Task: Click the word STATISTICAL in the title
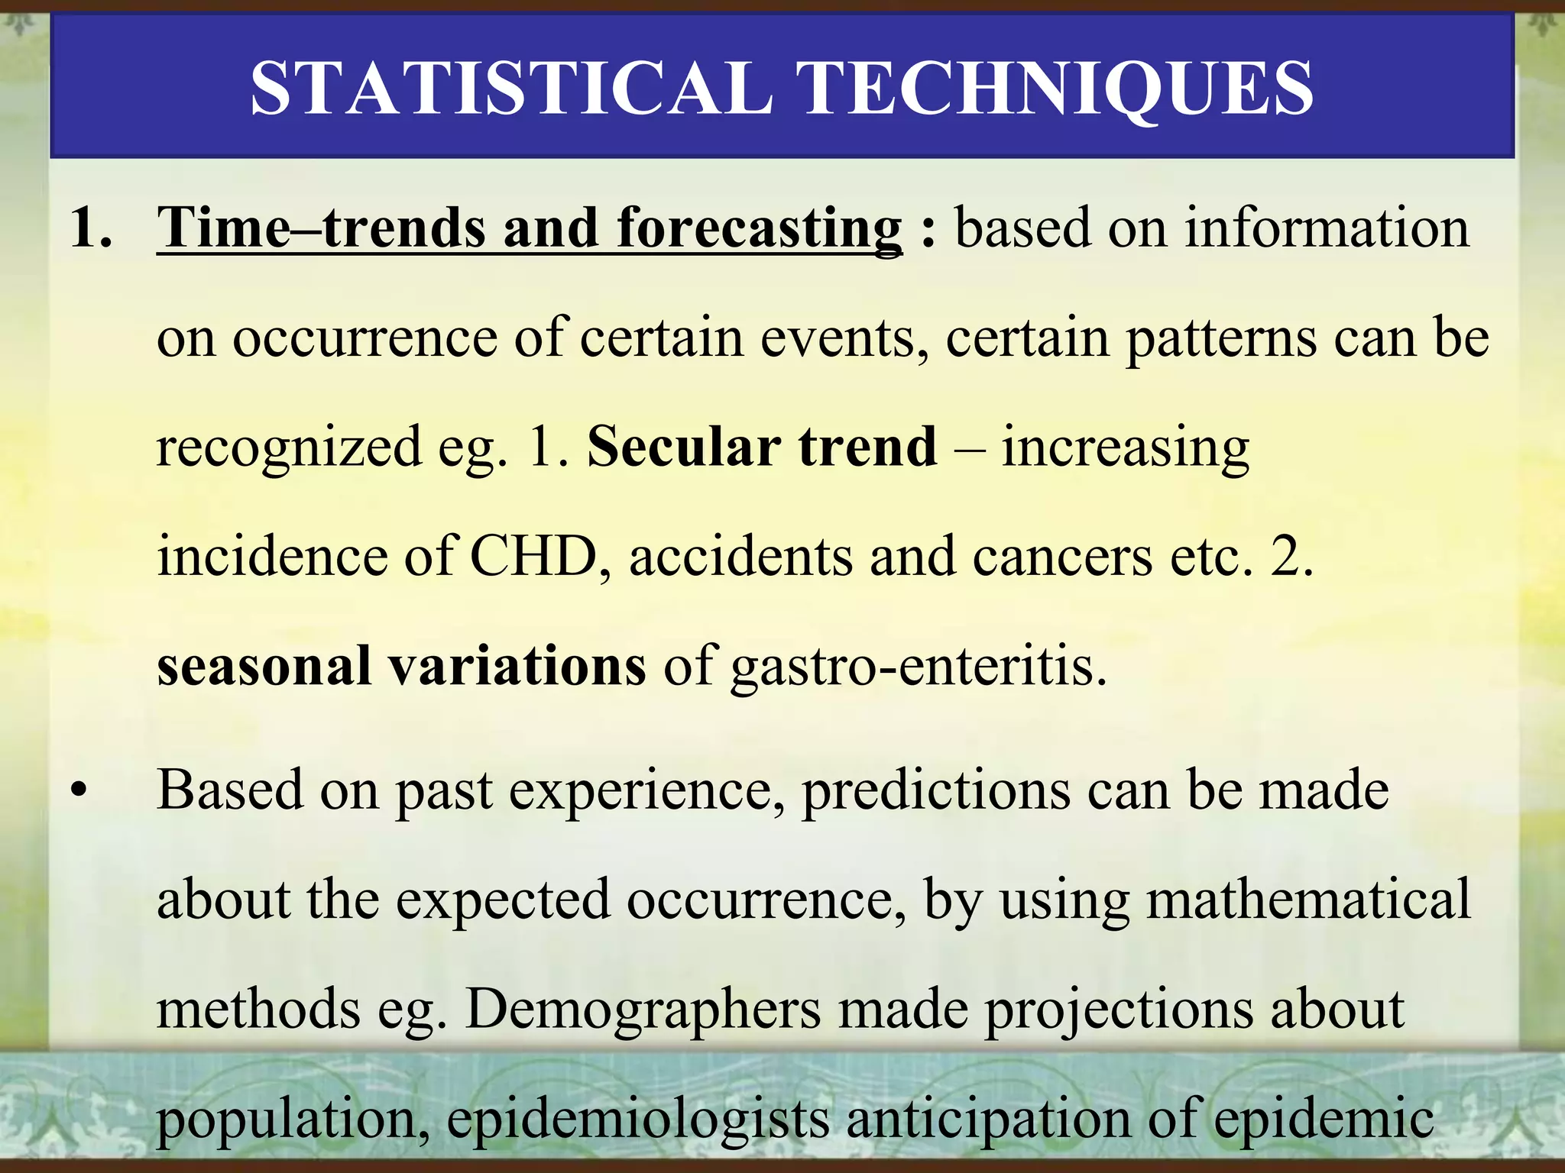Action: (510, 89)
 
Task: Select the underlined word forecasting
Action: (760, 229)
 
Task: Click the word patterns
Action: (1220, 338)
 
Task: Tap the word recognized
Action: (289, 448)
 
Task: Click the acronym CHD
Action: (533, 556)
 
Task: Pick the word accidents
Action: (740, 556)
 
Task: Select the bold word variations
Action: (517, 666)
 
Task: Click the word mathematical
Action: (1307, 900)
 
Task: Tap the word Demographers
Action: (643, 1010)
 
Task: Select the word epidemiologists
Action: (637, 1120)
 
